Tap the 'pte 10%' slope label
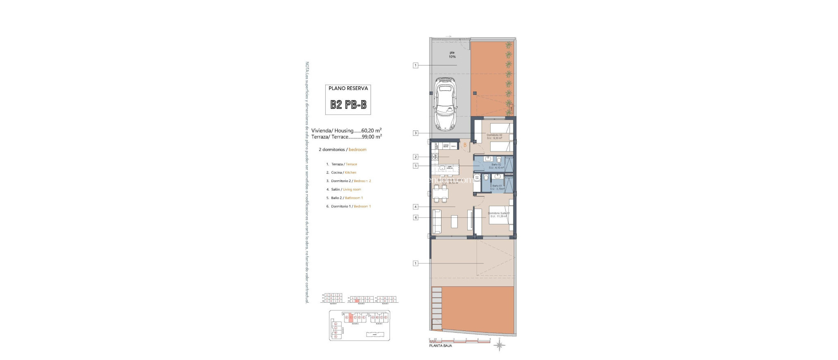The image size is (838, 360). [x=452, y=54]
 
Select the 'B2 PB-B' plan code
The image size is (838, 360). [x=348, y=105]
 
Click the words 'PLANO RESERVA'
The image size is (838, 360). [x=348, y=88]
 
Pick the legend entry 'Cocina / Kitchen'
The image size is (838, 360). [x=343, y=173]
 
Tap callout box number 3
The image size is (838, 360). [x=416, y=133]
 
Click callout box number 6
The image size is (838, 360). [x=416, y=218]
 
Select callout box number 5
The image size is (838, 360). [x=416, y=166]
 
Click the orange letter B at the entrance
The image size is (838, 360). [x=465, y=145]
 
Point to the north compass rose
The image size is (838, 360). [x=499, y=345]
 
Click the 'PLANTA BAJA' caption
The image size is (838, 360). [x=440, y=346]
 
